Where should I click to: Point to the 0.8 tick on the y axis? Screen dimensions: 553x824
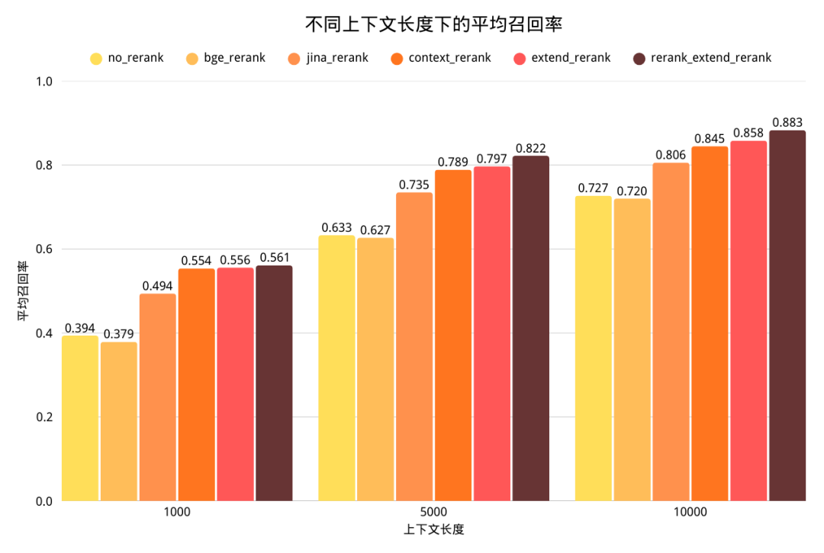click(46, 166)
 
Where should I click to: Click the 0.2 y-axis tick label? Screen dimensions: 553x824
click(46, 417)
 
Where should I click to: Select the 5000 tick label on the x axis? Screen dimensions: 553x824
click(433, 513)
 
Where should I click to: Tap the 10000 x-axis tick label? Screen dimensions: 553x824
click(690, 513)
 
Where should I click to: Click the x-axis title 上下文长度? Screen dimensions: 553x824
click(433, 529)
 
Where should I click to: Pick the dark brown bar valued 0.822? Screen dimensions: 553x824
click(530, 328)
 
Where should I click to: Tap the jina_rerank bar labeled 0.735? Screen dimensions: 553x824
click(414, 346)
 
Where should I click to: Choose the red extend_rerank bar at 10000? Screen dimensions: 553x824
click(748, 320)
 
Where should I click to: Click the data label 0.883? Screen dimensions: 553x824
click(787, 122)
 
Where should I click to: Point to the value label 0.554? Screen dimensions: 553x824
click(197, 260)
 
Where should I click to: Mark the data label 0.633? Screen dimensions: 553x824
click(336, 227)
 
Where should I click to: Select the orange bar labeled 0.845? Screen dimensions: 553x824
click(710, 323)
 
